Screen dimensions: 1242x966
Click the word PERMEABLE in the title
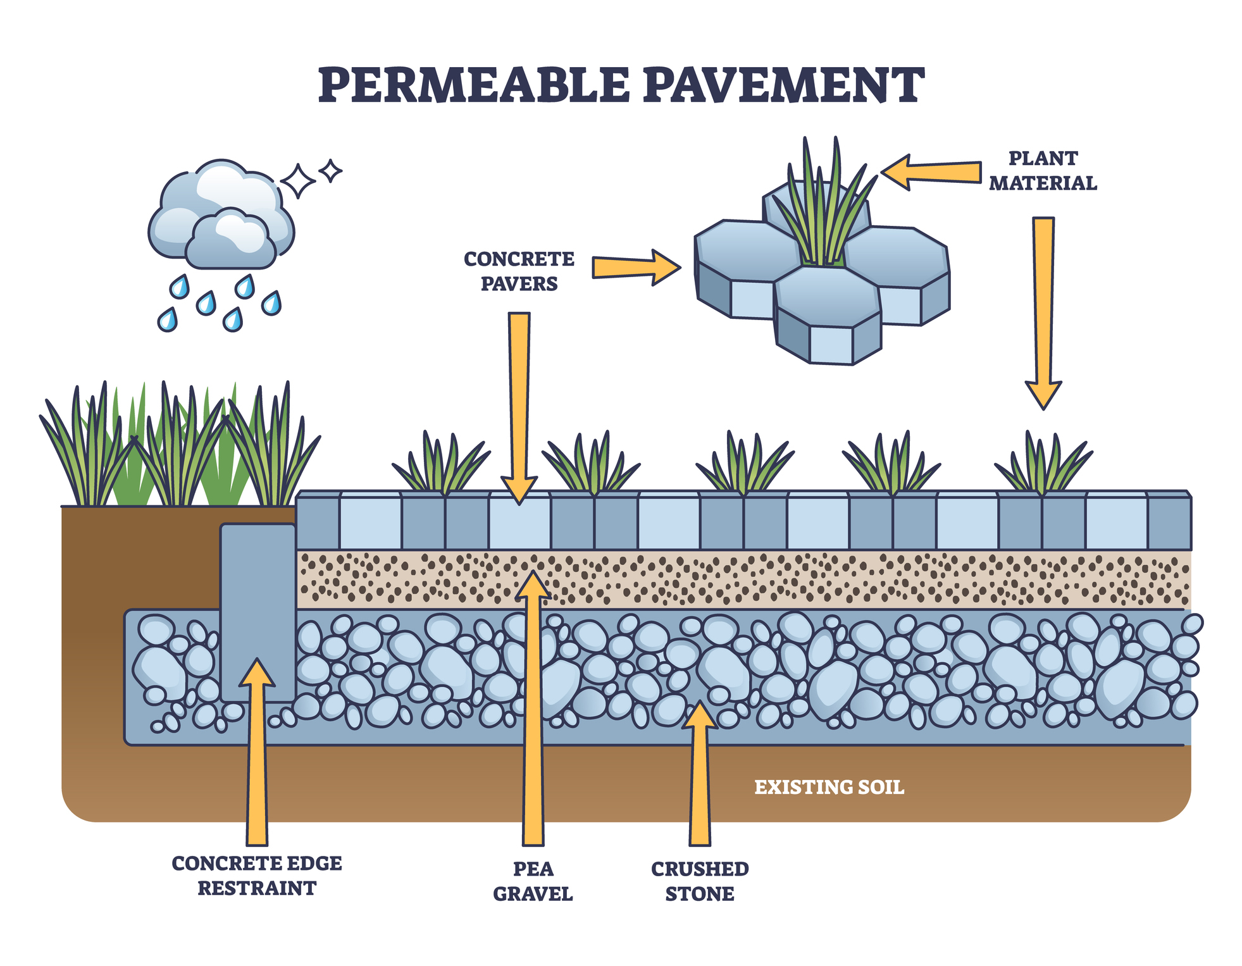[474, 85]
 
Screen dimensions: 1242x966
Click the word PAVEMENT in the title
[784, 85]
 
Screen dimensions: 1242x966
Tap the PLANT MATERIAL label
[1043, 171]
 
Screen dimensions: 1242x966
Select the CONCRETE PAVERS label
[519, 271]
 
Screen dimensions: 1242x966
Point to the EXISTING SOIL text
[829, 787]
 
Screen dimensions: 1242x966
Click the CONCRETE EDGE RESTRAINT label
[257, 876]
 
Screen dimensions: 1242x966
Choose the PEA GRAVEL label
[533, 881]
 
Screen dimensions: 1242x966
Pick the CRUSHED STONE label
[700, 881]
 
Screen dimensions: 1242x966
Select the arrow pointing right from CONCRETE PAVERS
[637, 268]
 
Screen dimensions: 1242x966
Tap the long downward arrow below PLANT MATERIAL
[1043, 314]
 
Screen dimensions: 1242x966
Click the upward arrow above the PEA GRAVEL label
[533, 708]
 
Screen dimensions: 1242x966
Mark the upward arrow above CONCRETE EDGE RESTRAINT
[257, 752]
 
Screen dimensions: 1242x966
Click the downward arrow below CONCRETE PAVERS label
[519, 408]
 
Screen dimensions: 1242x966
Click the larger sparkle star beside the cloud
[298, 182]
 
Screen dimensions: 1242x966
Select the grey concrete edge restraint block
[258, 612]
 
